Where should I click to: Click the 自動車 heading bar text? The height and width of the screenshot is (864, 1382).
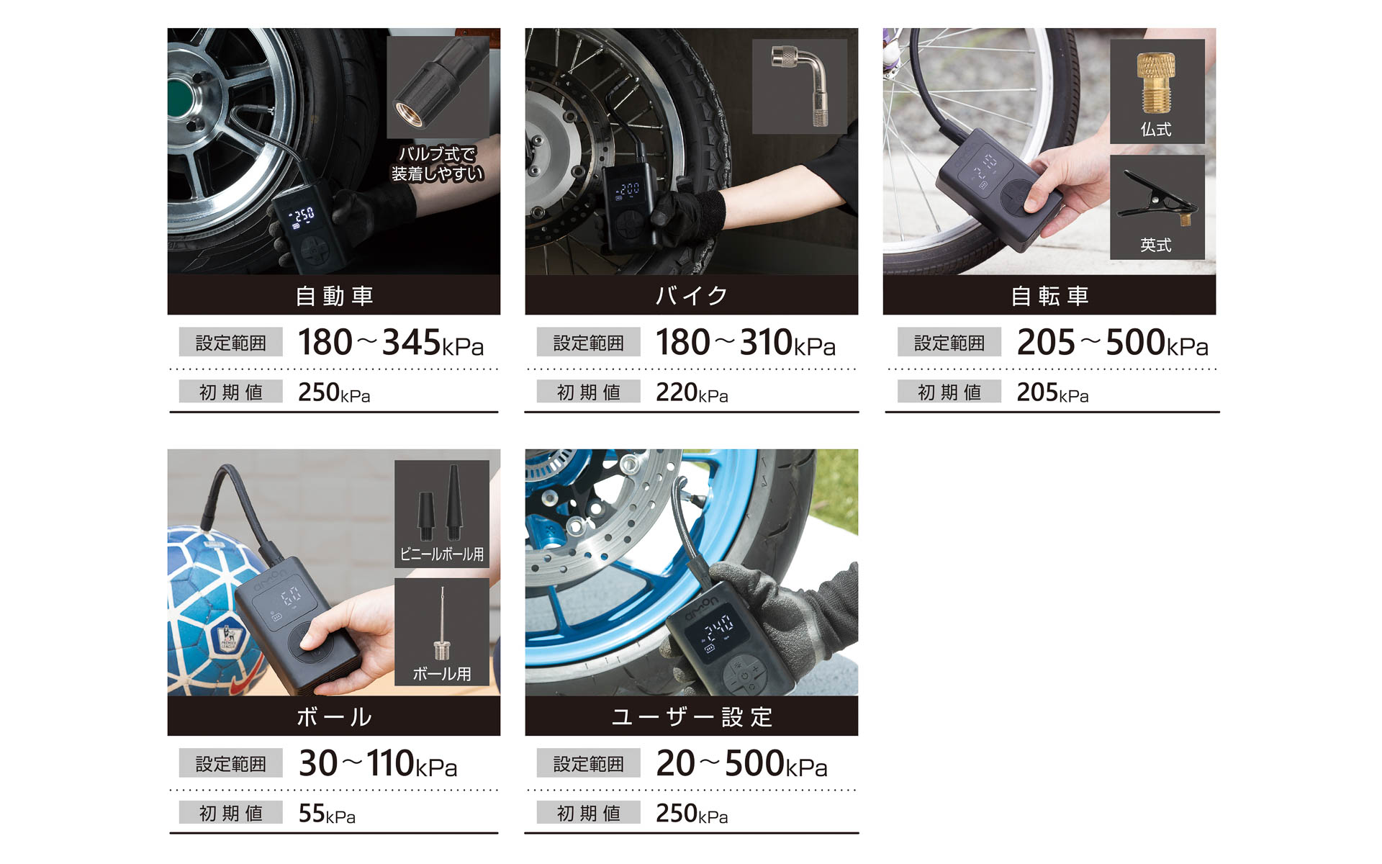pos(334,296)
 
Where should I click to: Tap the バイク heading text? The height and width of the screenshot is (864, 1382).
pos(691,296)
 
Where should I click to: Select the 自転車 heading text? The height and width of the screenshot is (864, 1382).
pos(1049,296)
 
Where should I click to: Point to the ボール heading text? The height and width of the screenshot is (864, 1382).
pos(334,717)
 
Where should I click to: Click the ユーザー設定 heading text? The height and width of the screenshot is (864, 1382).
pos(691,717)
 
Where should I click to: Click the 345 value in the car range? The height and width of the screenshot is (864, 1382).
pos(411,342)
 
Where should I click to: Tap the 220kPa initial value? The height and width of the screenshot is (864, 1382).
pos(692,392)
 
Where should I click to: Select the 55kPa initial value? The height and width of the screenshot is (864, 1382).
pos(327,814)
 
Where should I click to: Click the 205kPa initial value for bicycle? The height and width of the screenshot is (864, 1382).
pos(1052,392)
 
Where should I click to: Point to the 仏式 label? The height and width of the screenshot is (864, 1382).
pos(1156,130)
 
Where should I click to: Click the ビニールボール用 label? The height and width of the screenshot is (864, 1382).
pos(442,554)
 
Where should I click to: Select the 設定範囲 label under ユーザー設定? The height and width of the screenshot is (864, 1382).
pos(589,764)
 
